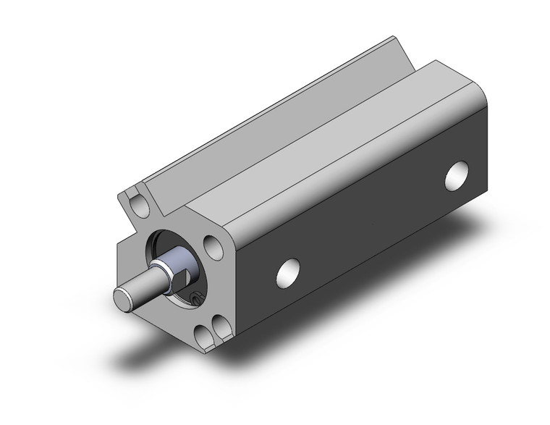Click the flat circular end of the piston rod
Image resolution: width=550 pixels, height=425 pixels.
(x=122, y=297)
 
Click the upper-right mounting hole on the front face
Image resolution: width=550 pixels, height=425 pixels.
(x=213, y=247)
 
